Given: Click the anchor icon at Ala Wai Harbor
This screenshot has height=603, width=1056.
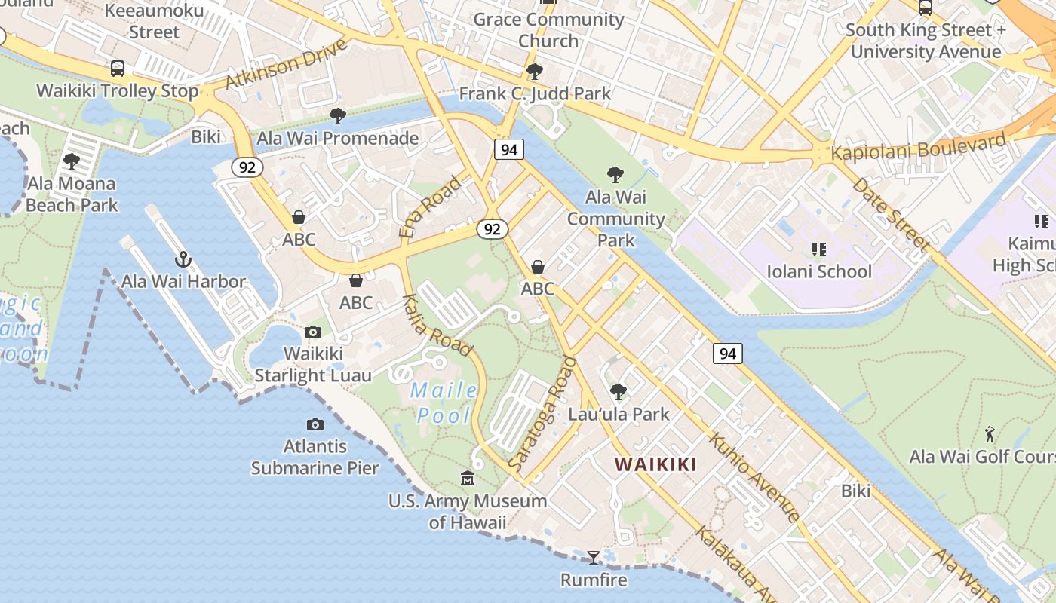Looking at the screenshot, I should click(183, 260).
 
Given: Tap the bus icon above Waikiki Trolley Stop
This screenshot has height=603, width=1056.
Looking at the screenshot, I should click(118, 69).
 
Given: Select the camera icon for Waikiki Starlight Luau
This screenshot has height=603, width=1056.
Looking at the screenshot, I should click(312, 332).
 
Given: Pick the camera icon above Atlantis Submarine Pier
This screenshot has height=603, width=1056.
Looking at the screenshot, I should click(315, 425).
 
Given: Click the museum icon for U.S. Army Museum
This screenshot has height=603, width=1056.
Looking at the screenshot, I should click(468, 479).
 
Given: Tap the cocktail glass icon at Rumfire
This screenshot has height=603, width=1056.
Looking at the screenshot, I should click(594, 558).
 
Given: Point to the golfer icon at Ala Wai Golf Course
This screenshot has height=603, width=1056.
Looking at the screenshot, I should click(990, 434).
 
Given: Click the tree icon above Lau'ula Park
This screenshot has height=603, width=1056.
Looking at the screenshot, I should click(619, 392).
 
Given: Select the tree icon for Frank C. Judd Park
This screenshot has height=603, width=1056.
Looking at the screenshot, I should click(534, 72).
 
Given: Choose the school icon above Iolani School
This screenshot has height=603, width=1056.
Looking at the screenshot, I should click(819, 249).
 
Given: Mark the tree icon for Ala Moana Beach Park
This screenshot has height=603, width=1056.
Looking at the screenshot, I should click(72, 161).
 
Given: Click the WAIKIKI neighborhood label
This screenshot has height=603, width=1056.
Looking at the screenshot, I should click(655, 464).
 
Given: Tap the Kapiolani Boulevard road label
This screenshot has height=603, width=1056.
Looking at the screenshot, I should click(919, 147).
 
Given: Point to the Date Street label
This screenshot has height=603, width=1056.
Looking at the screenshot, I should click(891, 214).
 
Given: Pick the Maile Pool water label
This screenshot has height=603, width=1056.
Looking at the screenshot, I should click(446, 403).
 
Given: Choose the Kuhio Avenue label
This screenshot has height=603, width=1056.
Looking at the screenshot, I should click(754, 477).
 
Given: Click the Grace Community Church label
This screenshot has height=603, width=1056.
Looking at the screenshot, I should click(548, 29).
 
